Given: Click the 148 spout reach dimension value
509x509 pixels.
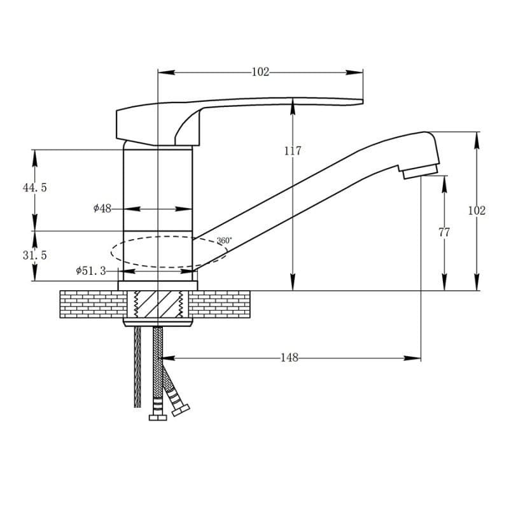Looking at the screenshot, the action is (x=289, y=358).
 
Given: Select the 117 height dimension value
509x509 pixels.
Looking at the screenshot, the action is (x=293, y=151).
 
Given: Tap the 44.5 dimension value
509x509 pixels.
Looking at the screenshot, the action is (x=35, y=188).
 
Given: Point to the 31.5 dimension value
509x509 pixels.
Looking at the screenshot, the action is (x=35, y=255).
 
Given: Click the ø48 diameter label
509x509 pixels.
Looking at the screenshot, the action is (x=102, y=209).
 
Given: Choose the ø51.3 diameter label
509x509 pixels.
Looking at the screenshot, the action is (x=91, y=271).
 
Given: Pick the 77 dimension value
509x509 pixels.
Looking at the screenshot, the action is (x=444, y=232).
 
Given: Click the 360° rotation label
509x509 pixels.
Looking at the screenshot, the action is (x=225, y=241).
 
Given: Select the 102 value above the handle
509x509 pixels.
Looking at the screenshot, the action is (x=261, y=72).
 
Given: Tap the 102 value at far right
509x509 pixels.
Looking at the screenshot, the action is (x=477, y=211).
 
